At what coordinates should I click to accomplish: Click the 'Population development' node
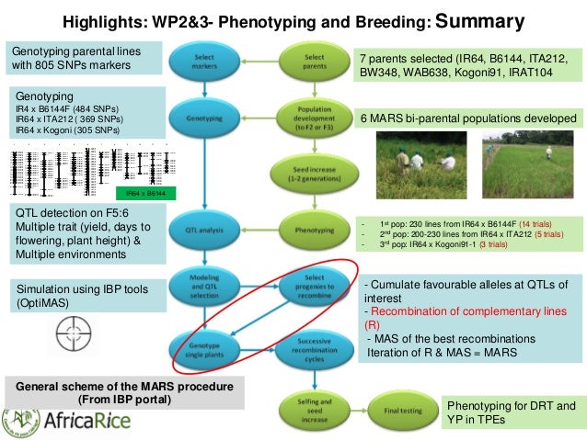point(314,119)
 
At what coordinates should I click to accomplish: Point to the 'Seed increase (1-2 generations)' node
point(314,171)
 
